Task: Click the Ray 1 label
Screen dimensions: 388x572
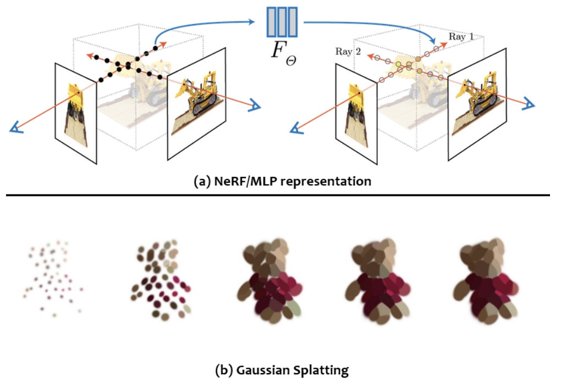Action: tap(461, 37)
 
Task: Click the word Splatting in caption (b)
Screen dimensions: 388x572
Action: tap(320, 370)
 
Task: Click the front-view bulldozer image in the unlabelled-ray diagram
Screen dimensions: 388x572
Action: tap(76, 113)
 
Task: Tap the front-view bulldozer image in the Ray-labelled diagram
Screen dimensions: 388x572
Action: tap(356, 113)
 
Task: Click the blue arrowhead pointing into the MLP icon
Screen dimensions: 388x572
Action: tap(256, 22)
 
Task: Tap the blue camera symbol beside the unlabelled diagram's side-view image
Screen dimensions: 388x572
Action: tap(254, 106)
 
